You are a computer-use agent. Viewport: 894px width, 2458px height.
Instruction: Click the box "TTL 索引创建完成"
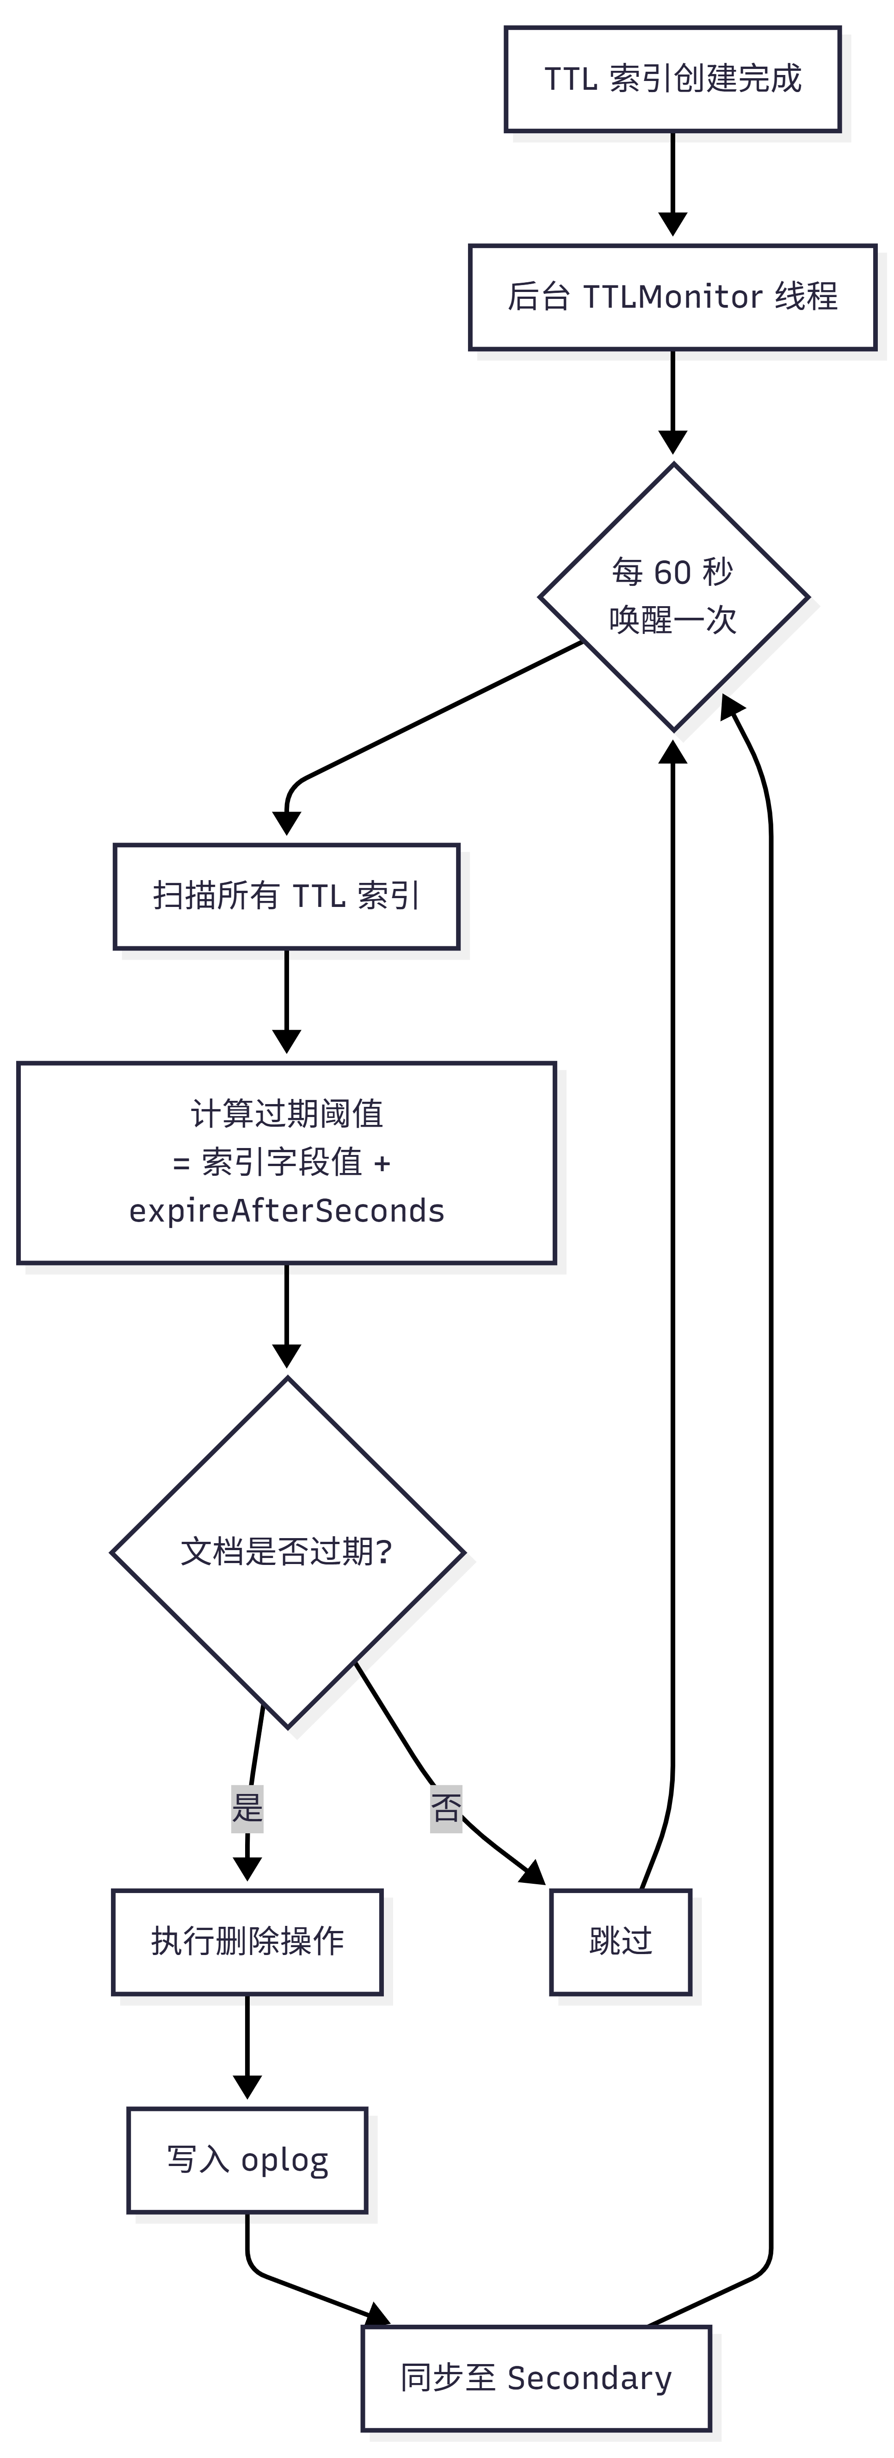[x=672, y=79]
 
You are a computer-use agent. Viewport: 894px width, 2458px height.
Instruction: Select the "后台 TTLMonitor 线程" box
[x=672, y=297]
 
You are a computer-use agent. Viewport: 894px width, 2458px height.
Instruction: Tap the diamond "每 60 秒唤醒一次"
[x=673, y=597]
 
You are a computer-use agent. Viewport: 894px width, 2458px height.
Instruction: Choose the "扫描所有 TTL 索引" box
[x=286, y=896]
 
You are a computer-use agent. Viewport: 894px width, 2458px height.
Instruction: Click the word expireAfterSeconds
[x=286, y=1211]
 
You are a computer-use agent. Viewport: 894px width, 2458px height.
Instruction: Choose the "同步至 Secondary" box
[x=536, y=2378]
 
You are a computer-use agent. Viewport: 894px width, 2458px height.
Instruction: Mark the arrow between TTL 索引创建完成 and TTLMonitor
[x=672, y=183]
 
